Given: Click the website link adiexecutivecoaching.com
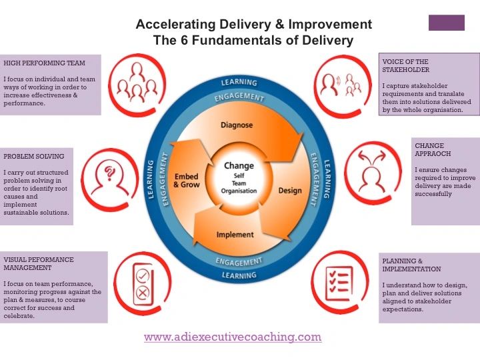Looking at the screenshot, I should pyautogui.click(x=233, y=337).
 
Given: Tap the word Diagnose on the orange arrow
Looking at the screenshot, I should pyautogui.click(x=237, y=125).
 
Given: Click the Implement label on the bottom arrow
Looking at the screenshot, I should pyautogui.click(x=235, y=234).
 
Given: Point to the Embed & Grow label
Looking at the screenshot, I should pyautogui.click(x=186, y=181).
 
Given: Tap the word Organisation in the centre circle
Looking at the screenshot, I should pyautogui.click(x=239, y=191).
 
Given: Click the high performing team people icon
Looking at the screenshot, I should pyautogui.click(x=136, y=82).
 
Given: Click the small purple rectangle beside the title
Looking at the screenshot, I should pyautogui.click(x=446, y=23).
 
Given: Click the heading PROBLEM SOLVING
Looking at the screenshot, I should pyautogui.click(x=34, y=157).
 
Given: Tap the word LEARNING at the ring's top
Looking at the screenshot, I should pyautogui.click(x=239, y=83).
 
